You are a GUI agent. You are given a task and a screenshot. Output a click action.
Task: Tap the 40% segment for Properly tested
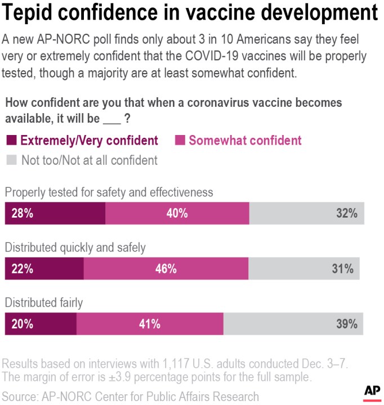[x=177, y=214]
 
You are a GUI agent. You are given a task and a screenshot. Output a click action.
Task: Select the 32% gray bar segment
[x=307, y=214]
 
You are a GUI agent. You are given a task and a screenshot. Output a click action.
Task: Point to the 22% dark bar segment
[x=44, y=269]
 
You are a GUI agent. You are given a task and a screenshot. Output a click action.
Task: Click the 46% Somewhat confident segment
[x=166, y=269]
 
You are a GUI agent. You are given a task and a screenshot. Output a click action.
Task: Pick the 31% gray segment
[x=304, y=269]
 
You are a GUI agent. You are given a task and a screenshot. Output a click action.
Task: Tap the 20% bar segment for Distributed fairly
[x=41, y=324]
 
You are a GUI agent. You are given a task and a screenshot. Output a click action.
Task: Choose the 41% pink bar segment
[x=150, y=324]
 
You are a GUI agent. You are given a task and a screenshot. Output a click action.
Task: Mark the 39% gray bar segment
[x=293, y=324]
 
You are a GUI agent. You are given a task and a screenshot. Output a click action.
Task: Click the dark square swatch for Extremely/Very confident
[x=11, y=141]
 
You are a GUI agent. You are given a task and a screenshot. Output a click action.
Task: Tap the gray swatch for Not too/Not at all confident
[x=11, y=160]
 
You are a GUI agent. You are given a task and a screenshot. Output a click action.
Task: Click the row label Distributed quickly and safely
[x=75, y=247]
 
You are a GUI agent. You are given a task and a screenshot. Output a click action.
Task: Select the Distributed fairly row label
[x=44, y=303]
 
